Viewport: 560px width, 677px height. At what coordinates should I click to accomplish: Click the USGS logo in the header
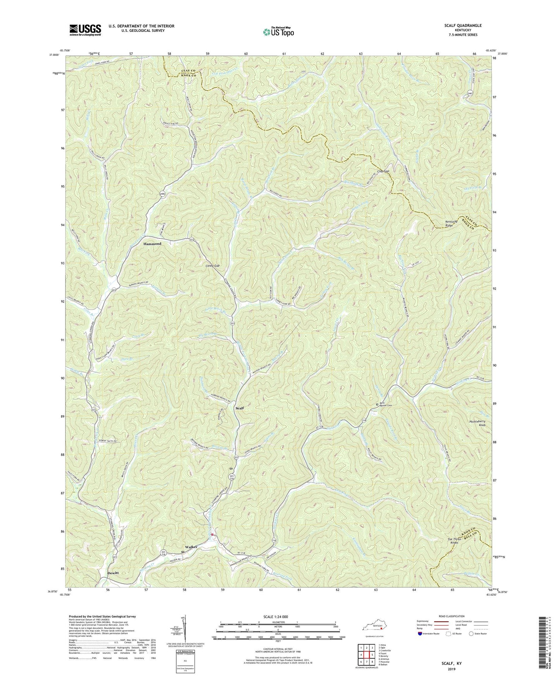tap(85, 30)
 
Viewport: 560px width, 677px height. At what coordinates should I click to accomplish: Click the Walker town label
tap(191, 547)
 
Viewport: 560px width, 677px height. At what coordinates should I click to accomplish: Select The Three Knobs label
tap(455, 541)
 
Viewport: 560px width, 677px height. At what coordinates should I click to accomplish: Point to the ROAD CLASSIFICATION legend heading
tap(451, 616)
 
